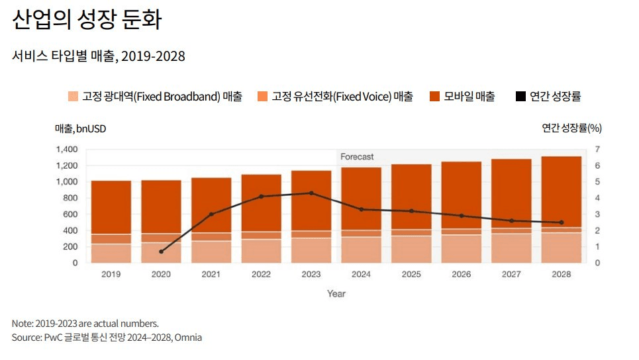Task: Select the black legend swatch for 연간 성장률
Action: [x=520, y=97]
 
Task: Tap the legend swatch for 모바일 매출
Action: [x=435, y=97]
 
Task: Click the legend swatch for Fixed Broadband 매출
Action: [x=74, y=97]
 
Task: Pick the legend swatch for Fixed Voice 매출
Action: [x=263, y=97]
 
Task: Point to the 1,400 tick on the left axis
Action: [x=66, y=150]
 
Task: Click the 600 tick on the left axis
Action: [x=70, y=214]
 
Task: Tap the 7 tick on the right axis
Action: [x=597, y=150]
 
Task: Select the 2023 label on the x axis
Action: [x=311, y=274]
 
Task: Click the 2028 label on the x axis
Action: [x=562, y=274]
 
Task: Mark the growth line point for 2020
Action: [x=162, y=251]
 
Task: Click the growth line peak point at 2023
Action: [x=311, y=193]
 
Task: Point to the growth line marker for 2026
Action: [x=462, y=216]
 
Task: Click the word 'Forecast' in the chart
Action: [x=357, y=157]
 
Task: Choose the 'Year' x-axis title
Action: [x=336, y=294]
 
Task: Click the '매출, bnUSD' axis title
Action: [x=80, y=128]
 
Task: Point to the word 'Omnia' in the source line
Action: [x=189, y=337]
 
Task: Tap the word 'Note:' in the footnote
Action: [x=23, y=324]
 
